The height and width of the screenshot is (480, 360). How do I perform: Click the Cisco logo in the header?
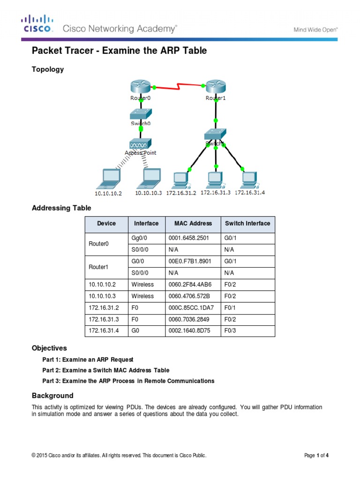pyautogui.click(x=37, y=24)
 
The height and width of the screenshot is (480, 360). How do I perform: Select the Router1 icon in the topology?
pyautogui.click(x=215, y=87)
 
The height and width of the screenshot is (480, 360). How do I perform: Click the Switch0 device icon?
pyautogui.click(x=141, y=114)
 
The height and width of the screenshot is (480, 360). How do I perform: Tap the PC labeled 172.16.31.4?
pyautogui.click(x=249, y=179)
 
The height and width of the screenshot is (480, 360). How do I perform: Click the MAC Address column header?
pyautogui.click(x=193, y=224)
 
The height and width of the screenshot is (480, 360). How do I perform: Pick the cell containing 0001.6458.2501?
pyautogui.click(x=188, y=238)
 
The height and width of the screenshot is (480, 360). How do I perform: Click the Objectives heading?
pyautogui.click(x=49, y=348)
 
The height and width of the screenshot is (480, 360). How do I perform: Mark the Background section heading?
pyautogui.click(x=52, y=396)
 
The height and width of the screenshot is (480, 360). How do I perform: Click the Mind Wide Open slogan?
pyautogui.click(x=315, y=29)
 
